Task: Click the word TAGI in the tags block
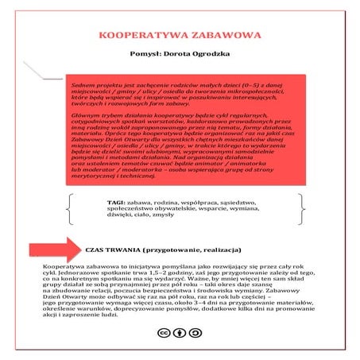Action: click(115, 202)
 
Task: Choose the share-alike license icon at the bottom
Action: click(194, 335)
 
